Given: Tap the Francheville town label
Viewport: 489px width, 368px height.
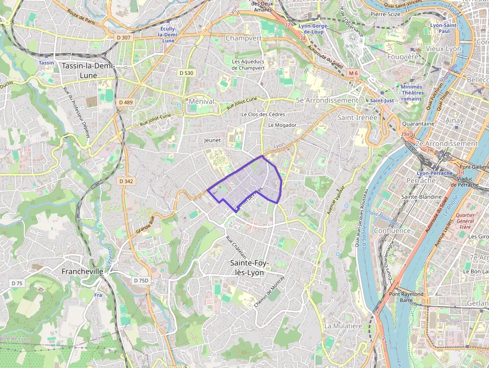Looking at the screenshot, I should click(x=82, y=271).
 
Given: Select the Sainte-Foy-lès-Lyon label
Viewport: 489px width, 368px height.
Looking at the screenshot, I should click(x=249, y=268).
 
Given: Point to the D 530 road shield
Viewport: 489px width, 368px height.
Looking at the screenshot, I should click(x=186, y=73).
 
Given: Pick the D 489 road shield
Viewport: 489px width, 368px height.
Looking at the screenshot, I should click(x=126, y=102).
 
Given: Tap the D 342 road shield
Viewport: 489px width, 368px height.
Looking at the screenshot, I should click(x=126, y=181).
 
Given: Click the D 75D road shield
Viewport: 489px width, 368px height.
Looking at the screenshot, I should click(x=141, y=281).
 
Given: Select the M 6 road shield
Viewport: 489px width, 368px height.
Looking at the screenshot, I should click(x=353, y=73).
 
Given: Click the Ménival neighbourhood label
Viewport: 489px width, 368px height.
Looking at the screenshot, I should click(x=202, y=101).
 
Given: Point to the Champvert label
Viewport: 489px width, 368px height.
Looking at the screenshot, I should click(x=244, y=38).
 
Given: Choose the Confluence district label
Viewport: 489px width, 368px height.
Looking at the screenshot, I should click(x=392, y=231).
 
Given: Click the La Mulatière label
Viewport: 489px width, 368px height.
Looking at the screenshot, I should click(x=343, y=326).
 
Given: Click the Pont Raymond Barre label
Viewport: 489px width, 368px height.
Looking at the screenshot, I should click(x=406, y=298).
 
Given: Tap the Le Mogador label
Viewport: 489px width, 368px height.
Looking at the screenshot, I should click(x=282, y=125).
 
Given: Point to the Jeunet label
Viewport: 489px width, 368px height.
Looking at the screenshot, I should click(x=212, y=140).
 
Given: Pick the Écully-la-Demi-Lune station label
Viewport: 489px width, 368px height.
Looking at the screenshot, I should click(x=168, y=34).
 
